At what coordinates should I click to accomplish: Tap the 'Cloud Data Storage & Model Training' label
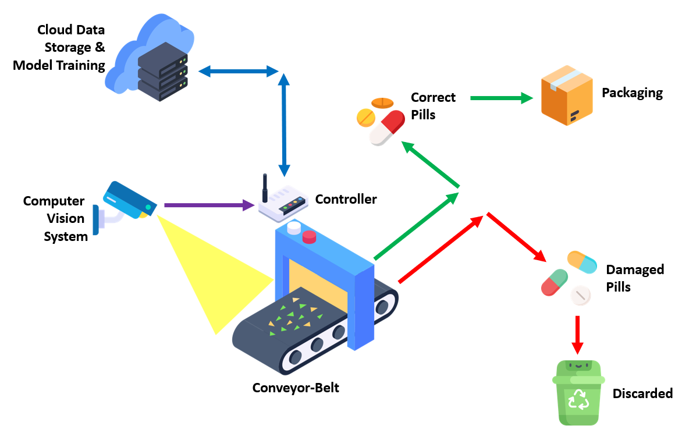tap(59, 47)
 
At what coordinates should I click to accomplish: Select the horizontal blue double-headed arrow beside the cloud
tap(239, 72)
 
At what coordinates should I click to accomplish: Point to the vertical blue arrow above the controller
tap(285, 125)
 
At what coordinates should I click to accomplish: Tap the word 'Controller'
tap(346, 200)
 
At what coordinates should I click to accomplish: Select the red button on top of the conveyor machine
tap(308, 237)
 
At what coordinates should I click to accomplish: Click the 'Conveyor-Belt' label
tap(296, 388)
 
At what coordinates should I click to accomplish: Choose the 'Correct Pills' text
tap(433, 105)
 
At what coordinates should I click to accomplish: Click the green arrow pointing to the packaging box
tap(501, 98)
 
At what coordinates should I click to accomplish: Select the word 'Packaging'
tap(632, 93)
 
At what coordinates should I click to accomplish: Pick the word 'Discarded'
tap(642, 394)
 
